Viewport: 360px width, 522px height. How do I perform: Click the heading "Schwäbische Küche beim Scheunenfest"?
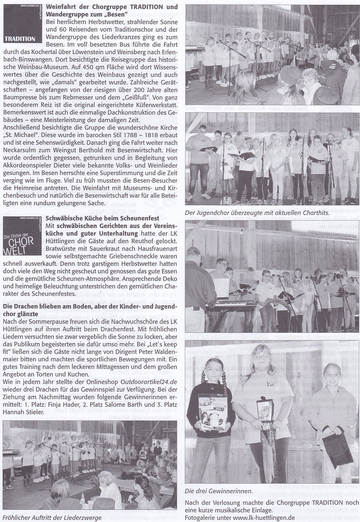click(103, 218)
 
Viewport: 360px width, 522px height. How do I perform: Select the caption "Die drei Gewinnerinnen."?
click(218, 491)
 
